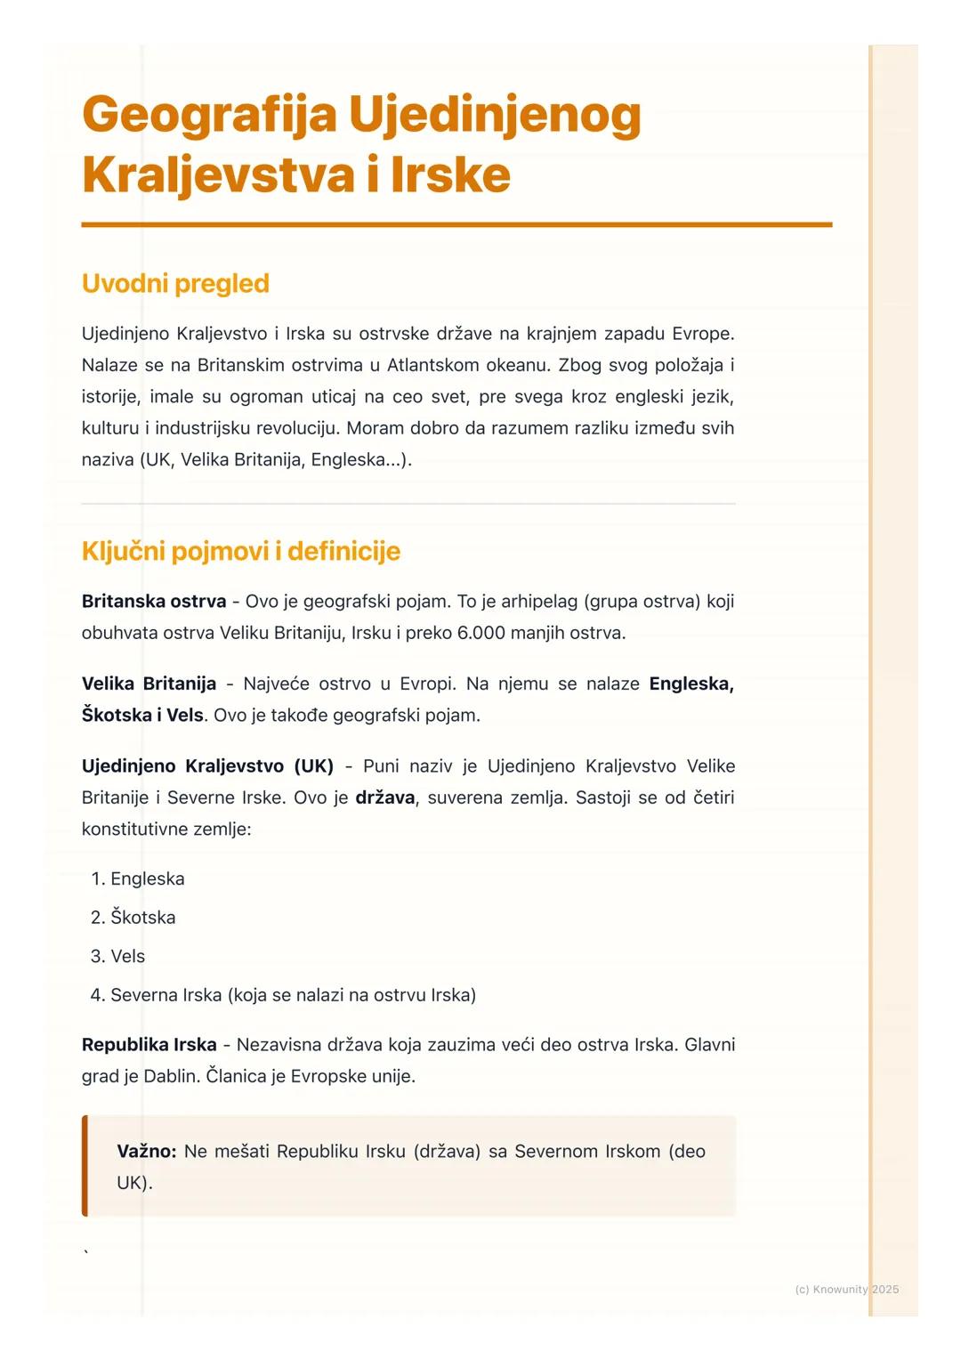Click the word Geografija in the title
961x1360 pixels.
209,116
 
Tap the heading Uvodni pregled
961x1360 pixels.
175,283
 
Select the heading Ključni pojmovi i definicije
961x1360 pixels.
240,551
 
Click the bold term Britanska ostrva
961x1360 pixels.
154,602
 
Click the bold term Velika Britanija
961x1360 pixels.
149,684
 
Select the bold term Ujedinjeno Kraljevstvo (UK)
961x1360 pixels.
207,766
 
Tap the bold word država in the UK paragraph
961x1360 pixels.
385,797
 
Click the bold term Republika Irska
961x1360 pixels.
149,1045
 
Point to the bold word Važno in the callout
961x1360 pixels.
146,1152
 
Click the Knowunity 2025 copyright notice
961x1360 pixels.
846,1289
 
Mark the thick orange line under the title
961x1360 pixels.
456,225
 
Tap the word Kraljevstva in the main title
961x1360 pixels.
219,174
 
